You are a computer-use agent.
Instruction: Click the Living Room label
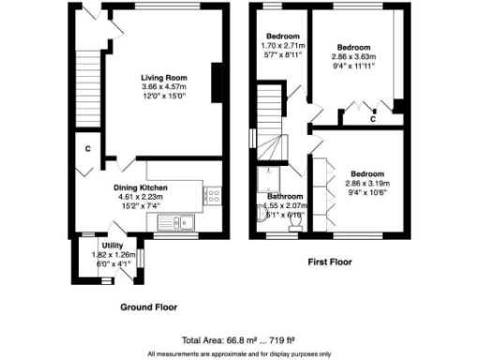click(163, 77)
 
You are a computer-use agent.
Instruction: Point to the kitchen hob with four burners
click(212, 197)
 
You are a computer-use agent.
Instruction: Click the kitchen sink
click(177, 222)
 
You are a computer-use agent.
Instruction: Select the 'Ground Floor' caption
click(148, 307)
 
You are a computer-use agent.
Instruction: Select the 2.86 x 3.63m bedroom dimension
click(354, 57)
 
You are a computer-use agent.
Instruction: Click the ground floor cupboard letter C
click(86, 148)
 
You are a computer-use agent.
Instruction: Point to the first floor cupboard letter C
click(372, 119)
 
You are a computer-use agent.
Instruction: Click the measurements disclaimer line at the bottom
click(240, 353)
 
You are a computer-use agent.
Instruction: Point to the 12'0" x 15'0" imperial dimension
click(163, 97)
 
